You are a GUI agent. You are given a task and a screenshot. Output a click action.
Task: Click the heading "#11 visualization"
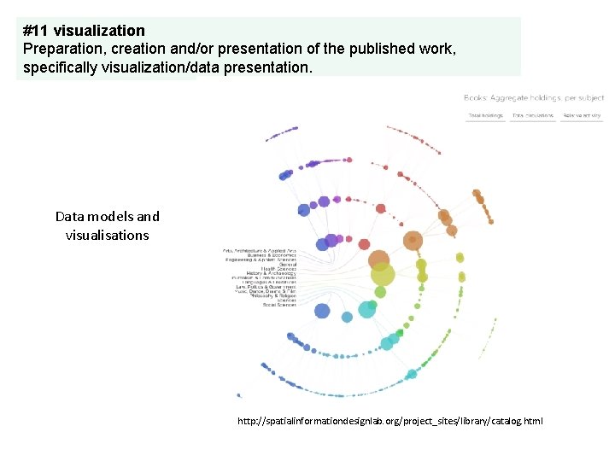tap(84, 32)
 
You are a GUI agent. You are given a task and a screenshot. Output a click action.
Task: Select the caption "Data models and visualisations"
tap(107, 225)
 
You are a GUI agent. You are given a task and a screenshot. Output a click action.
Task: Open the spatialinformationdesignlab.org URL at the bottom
tap(389, 421)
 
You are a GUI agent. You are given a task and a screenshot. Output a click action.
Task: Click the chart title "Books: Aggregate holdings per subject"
tap(534, 98)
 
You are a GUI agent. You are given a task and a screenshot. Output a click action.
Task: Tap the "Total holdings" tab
tap(485, 115)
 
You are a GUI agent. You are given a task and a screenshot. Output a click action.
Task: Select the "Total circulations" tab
tap(533, 115)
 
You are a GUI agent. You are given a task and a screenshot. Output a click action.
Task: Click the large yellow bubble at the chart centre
tap(382, 275)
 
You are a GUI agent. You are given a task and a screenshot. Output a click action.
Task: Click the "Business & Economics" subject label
tap(271, 254)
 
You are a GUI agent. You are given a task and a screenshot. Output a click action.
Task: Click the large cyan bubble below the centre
tap(367, 309)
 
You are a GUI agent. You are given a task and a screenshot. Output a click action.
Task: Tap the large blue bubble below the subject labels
tap(322, 311)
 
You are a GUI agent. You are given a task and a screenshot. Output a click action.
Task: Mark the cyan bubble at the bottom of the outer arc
tap(412, 374)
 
